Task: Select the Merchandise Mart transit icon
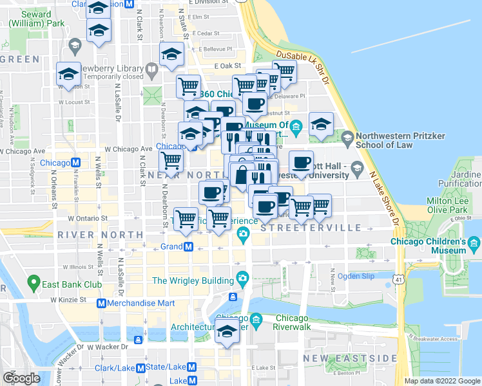101,303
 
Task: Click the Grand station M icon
188,246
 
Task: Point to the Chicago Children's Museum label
429,246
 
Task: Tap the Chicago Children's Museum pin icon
474,243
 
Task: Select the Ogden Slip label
356,276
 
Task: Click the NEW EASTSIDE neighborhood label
351,358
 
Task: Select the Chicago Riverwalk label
293,322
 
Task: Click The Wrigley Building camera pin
242,279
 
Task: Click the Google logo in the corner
22,378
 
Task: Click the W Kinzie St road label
64,300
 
